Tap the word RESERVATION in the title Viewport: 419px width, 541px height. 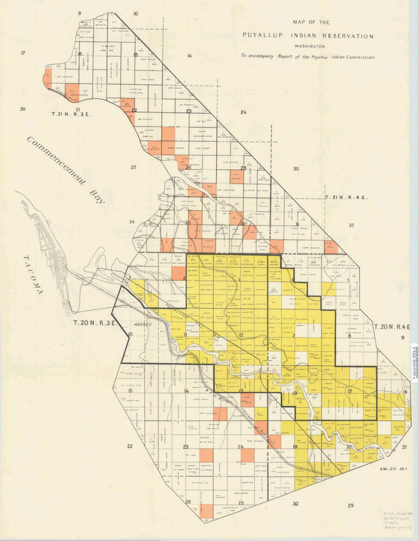tap(346, 36)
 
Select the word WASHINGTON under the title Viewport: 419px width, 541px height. tap(311, 46)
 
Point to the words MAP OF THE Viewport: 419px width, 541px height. tap(311, 22)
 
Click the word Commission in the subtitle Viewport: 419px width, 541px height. tap(358, 57)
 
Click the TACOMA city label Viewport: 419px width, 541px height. tap(34, 275)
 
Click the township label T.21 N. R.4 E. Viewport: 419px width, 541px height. tap(346, 197)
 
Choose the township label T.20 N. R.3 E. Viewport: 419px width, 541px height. tap(95, 323)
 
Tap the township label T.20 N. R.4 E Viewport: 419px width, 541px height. tap(392, 327)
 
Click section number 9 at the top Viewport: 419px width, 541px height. tap(79, 13)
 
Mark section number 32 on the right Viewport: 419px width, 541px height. tap(351, 225)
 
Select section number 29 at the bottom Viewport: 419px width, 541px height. tap(350, 505)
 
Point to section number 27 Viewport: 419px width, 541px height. tap(134, 167)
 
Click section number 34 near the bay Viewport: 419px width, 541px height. tap(131, 222)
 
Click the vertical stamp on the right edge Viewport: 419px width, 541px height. tap(414, 360)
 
